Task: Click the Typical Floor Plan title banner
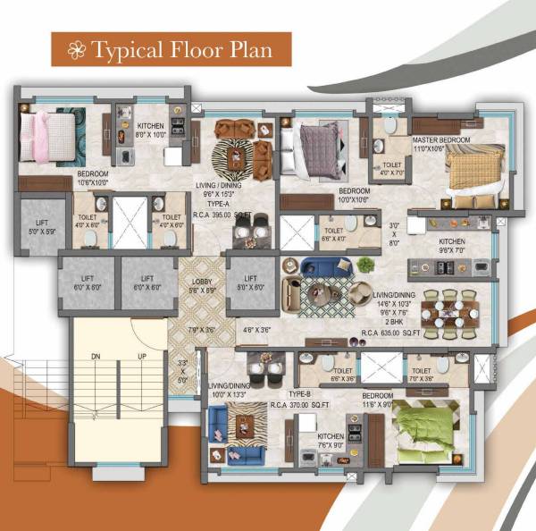169,48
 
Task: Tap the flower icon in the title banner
77,48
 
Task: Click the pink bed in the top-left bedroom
48,134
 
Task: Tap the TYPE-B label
298,393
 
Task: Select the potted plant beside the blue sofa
365,264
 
